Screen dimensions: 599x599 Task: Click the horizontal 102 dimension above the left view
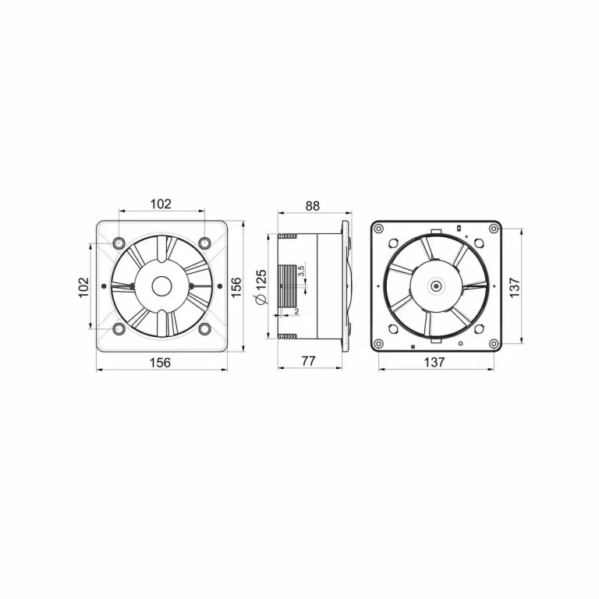tap(161, 204)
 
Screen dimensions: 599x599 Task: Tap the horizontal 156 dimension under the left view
tap(161, 362)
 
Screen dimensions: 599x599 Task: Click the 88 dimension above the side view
tap(312, 206)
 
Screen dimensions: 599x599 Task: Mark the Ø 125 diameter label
tap(262, 289)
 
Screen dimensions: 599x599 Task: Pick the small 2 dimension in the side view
tap(297, 312)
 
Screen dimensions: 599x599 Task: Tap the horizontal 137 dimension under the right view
tap(435, 362)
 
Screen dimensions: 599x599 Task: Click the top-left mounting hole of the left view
tap(119, 243)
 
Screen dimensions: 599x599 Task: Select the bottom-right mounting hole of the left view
tap(204, 328)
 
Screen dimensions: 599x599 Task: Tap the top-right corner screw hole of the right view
tap(492, 229)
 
